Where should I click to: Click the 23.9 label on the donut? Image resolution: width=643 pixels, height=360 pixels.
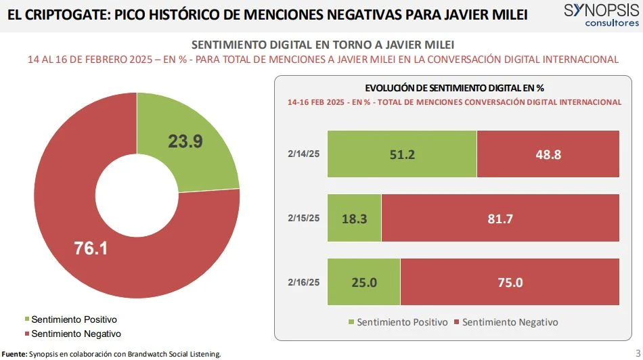(185, 141)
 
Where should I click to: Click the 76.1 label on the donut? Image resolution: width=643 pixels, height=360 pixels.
(91, 248)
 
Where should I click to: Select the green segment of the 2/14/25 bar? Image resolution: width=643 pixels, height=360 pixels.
(402, 154)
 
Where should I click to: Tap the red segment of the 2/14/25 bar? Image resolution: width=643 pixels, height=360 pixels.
(548, 154)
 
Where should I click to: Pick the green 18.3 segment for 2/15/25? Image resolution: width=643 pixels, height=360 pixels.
(354, 218)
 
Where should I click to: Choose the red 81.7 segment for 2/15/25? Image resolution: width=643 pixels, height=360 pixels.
(500, 218)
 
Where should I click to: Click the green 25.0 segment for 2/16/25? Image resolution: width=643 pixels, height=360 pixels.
(363, 282)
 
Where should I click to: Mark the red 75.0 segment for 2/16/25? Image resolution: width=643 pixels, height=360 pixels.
(510, 282)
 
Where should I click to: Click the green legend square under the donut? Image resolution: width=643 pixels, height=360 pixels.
(27, 319)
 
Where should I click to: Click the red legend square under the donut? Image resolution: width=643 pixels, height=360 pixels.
(27, 334)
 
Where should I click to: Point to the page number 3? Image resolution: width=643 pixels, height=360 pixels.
(637, 351)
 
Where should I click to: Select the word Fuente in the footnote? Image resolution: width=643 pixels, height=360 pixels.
(14, 354)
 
